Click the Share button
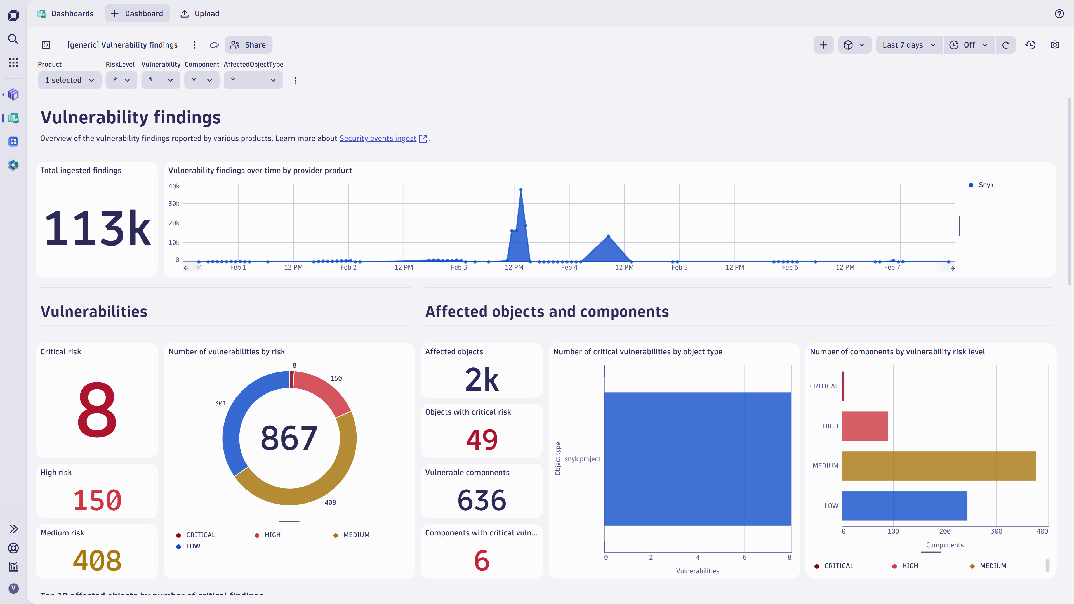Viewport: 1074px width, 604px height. tap(248, 45)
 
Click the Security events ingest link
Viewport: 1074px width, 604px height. tap(378, 138)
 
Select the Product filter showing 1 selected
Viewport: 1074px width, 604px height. tap(69, 80)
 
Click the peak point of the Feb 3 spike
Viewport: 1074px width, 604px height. tap(521, 190)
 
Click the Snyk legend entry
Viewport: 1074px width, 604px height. tap(986, 185)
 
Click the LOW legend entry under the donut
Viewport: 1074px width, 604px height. tap(193, 546)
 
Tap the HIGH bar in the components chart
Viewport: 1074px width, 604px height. tap(865, 426)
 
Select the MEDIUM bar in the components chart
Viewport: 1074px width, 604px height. tap(938, 466)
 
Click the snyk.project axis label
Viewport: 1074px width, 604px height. tap(582, 459)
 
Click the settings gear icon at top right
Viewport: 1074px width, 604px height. tap(1055, 45)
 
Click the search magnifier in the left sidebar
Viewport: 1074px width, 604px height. tap(13, 39)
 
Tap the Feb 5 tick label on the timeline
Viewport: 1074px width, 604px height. tap(679, 267)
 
